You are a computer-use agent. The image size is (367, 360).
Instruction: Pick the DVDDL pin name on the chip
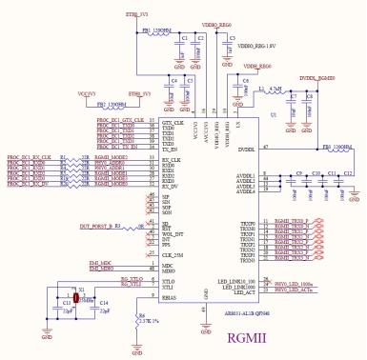tap(246, 149)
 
